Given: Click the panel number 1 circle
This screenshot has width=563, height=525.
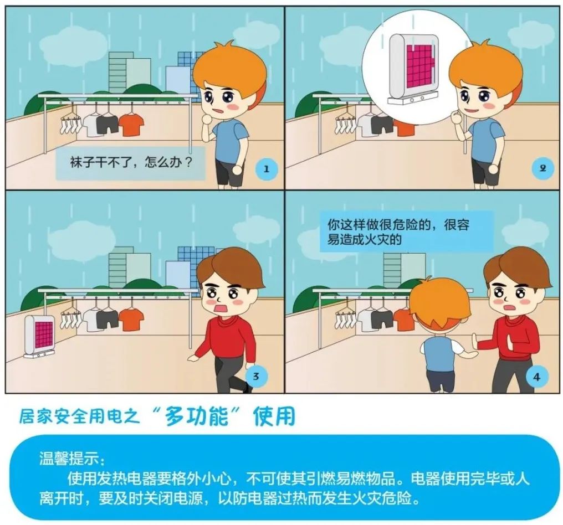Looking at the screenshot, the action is pyautogui.click(x=267, y=169).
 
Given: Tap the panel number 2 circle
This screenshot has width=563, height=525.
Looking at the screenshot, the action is pyautogui.click(x=542, y=168).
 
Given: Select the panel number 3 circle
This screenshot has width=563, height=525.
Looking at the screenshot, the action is pyautogui.click(x=255, y=377).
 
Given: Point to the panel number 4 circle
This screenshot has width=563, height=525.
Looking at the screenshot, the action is pyautogui.click(x=536, y=377).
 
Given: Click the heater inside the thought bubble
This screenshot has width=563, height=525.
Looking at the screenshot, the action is pyautogui.click(x=413, y=70).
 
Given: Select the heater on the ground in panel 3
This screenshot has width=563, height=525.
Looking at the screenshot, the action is pyautogui.click(x=39, y=337).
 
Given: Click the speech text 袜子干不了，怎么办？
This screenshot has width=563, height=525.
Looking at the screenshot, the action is pyautogui.click(x=131, y=162).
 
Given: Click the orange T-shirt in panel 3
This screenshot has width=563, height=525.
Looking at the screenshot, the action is pyautogui.click(x=131, y=320).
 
